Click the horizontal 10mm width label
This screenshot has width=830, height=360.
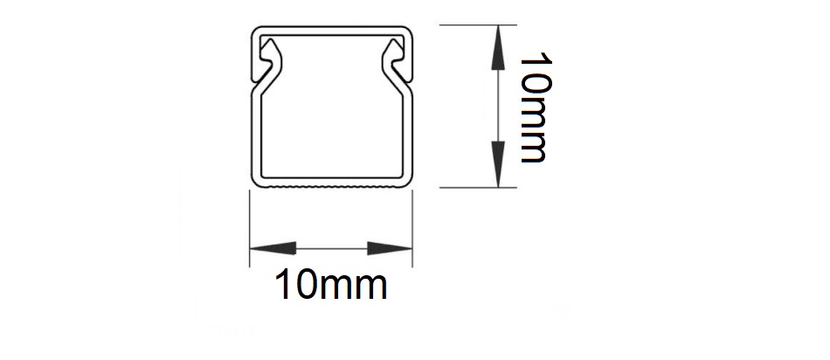331,286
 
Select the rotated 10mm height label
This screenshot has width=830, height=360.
536,107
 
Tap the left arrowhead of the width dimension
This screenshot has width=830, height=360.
273,248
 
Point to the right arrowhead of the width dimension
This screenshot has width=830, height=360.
390,248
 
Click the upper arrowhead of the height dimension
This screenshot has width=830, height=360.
498,48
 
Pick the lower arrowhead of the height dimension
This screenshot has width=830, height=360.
498,164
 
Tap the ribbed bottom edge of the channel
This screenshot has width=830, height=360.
331,186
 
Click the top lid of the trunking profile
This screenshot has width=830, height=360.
331,30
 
